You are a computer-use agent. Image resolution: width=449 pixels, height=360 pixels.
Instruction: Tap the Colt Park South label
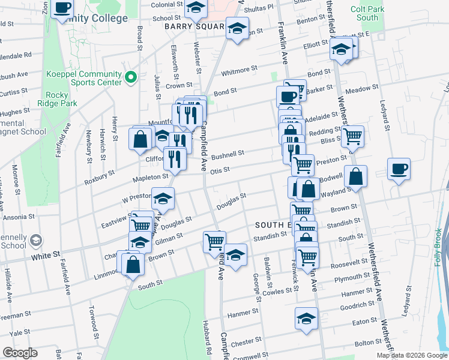click(x=368, y=13)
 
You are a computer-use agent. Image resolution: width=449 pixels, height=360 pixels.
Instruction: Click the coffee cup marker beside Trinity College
click(x=62, y=9)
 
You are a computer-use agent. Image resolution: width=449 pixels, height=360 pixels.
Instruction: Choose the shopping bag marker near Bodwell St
click(x=355, y=176)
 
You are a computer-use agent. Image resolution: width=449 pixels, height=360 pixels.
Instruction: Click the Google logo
click(x=20, y=353)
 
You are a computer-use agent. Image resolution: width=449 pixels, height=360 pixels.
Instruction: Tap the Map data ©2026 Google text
click(x=411, y=355)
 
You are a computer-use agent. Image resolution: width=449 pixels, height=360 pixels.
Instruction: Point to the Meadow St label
click(x=361, y=89)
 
